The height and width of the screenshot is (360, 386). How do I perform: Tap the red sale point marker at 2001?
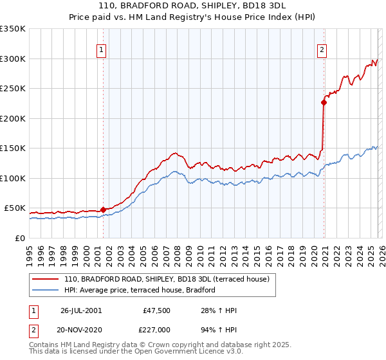103,210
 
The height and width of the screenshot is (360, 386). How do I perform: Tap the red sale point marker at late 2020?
324,102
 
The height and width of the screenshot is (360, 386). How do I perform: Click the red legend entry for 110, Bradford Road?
170,279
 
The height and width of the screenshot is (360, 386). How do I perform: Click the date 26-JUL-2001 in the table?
80,310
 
